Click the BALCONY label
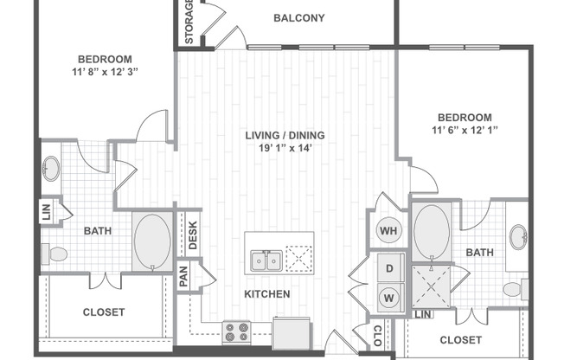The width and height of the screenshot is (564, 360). tap(299, 17)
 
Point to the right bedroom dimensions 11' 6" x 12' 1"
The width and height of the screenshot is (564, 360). tap(464, 131)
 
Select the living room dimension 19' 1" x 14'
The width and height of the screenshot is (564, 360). tap(283, 149)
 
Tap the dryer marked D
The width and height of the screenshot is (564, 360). tap(390, 270)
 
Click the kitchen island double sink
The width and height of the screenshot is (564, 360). tap(265, 260)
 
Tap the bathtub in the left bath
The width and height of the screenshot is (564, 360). tap(152, 242)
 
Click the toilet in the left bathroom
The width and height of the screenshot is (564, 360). tap(57, 254)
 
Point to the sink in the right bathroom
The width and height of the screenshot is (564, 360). tap(518, 236)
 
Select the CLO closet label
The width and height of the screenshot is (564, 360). tap(377, 334)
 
